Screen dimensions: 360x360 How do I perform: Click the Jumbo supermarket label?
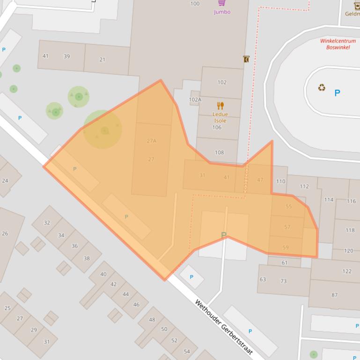[x=222, y=12]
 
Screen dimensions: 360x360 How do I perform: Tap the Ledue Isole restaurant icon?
[x=220, y=106]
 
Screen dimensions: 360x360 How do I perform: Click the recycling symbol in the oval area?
[x=322, y=87]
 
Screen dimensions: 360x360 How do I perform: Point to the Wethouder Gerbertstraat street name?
[x=224, y=327]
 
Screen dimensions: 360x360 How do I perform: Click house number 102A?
[x=195, y=100]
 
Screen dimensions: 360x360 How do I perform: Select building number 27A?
[x=151, y=141]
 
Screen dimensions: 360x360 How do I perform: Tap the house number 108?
[x=219, y=152]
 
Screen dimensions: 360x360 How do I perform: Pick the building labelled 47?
[x=260, y=180]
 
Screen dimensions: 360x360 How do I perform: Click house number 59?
[x=286, y=247]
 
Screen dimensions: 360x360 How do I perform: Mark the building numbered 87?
[x=334, y=295]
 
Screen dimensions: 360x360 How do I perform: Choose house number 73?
[x=283, y=281]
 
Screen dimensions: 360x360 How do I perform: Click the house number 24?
[x=5, y=180]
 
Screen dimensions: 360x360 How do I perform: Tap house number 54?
[x=187, y=351]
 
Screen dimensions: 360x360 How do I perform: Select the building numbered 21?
[x=102, y=59]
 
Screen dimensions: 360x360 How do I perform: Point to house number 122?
[x=346, y=271]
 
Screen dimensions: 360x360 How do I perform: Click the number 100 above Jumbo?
[x=195, y=4]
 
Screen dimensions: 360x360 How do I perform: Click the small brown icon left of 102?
[x=246, y=59]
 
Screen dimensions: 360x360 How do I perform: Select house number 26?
[x=5, y=233]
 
